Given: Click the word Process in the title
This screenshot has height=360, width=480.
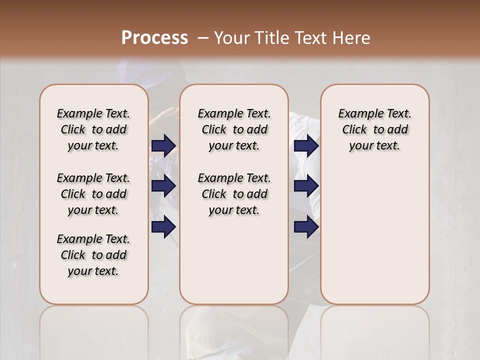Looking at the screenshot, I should click(x=154, y=37).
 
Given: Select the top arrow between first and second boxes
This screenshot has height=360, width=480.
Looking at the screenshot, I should click(x=163, y=145).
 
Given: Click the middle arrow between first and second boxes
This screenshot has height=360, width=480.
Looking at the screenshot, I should click(x=163, y=186).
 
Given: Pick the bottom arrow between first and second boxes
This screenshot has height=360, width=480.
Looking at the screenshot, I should click(x=163, y=226).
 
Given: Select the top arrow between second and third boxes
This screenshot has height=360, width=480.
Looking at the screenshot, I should click(x=306, y=145).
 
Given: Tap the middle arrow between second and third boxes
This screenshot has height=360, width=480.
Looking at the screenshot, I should click(x=306, y=186).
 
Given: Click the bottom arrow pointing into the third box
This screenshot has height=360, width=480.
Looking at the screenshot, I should click(x=306, y=226).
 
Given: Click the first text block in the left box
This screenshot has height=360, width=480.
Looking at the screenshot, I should click(x=93, y=129).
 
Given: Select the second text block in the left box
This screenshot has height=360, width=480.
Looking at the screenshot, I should click(x=93, y=194).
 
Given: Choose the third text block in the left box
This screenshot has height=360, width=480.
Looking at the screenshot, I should click(x=93, y=255).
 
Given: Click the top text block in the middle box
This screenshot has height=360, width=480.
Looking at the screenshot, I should click(x=234, y=129).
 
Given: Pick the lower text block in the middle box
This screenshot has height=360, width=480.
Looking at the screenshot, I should click(x=234, y=194).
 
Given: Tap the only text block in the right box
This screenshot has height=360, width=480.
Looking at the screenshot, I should click(x=374, y=129).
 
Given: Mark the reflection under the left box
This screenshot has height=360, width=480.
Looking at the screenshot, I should click(x=93, y=330).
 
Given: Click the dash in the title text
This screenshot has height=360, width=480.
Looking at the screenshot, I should click(x=203, y=37).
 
